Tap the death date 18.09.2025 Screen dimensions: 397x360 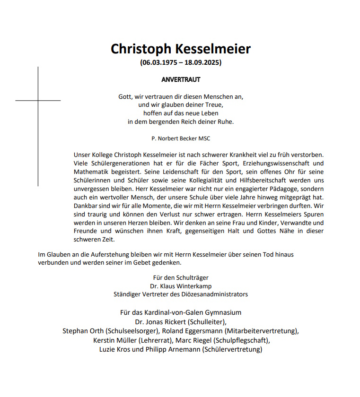pyautogui.click(x=202, y=62)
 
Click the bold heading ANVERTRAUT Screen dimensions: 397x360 pyautogui.click(x=181, y=80)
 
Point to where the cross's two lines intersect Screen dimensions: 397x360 pyautogui.click(x=38, y=101)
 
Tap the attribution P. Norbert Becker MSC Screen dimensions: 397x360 pyautogui.click(x=180, y=138)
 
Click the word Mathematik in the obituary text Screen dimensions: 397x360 pyautogui.click(x=92, y=172)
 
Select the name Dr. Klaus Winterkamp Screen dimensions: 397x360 pyautogui.click(x=181, y=286)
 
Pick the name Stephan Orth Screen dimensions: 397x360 pyautogui.click(x=83, y=331)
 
